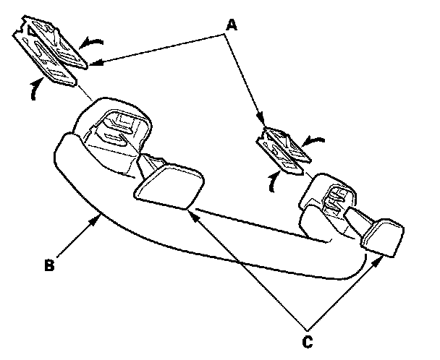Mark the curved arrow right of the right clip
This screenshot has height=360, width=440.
tap(317, 142)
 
